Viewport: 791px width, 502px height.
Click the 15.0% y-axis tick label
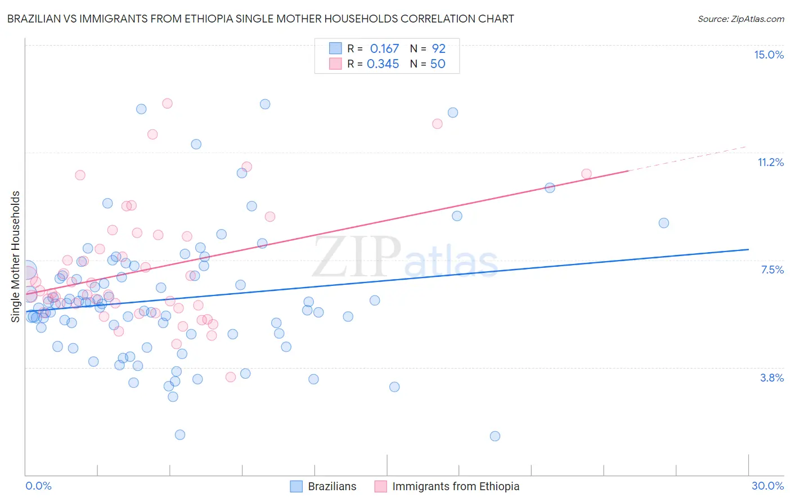[768, 55]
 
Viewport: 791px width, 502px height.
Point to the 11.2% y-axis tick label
[770, 162]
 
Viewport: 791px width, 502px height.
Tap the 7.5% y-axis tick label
[772, 270]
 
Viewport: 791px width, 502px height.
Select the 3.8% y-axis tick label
[772, 378]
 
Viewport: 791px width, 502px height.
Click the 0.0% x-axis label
[38, 486]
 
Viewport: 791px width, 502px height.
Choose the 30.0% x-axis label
[767, 486]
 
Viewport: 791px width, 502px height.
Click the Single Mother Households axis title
[15, 257]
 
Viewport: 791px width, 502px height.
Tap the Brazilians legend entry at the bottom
[323, 486]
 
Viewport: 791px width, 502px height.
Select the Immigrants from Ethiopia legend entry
[447, 486]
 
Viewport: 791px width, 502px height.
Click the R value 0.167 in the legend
[384, 48]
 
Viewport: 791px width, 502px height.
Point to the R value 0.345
[383, 64]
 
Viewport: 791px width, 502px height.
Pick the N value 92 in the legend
[438, 48]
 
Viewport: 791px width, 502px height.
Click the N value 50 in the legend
[438, 64]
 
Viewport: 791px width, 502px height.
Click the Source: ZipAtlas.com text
[740, 19]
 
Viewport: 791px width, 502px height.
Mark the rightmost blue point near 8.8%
[664, 223]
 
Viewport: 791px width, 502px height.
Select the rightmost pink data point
[586, 174]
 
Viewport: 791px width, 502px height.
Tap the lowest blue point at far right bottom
[495, 436]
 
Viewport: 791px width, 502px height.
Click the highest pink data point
[167, 103]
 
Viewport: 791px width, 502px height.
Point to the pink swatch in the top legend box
[335, 64]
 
